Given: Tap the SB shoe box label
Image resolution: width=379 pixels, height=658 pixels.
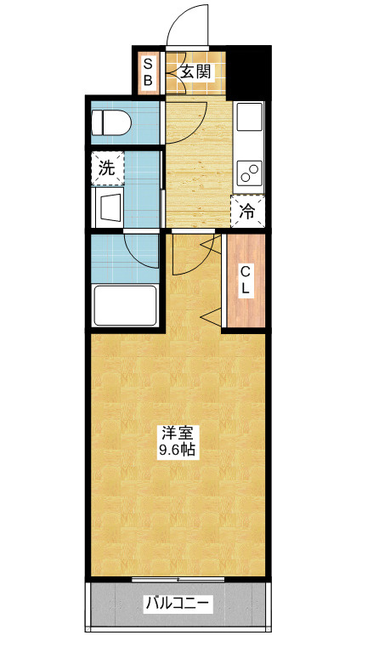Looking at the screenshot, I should (x=148, y=73).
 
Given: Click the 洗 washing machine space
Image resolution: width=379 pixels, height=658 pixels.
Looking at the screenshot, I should (x=107, y=168).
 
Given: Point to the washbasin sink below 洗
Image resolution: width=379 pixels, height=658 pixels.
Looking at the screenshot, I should (x=109, y=207).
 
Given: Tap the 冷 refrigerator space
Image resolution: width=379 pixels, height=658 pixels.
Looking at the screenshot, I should (x=248, y=212).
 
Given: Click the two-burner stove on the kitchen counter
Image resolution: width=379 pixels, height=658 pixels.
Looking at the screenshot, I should (x=250, y=173).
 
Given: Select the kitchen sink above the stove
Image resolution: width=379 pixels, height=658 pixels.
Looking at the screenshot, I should (x=250, y=122).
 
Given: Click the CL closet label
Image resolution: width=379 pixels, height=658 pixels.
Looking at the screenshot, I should (x=245, y=281).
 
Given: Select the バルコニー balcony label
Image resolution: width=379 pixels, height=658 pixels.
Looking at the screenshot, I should (x=178, y=604).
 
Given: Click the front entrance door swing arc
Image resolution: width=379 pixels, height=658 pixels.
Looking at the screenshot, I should (x=187, y=23).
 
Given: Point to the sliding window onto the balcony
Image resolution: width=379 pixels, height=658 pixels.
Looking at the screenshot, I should (x=178, y=579).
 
